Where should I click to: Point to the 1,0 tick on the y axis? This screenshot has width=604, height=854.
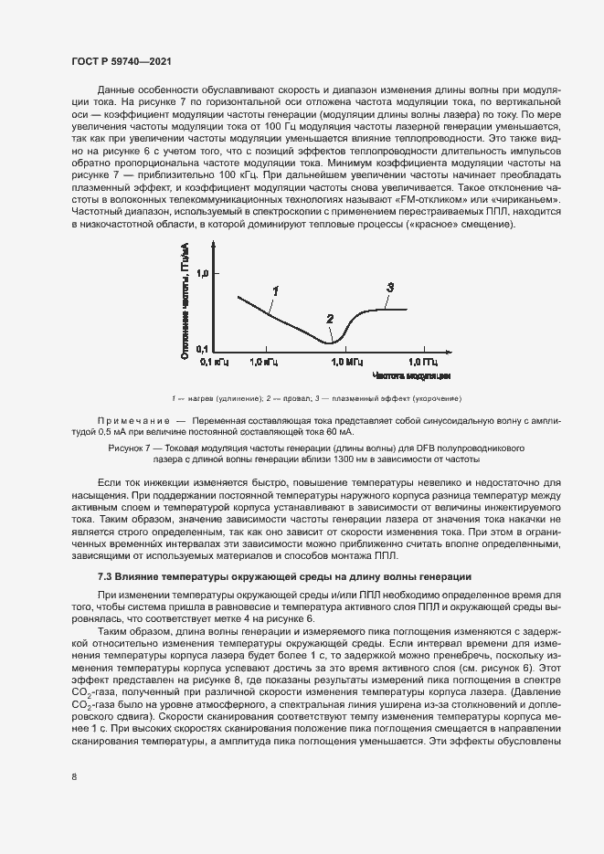point(201,272)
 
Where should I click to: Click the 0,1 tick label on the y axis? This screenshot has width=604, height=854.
point(201,350)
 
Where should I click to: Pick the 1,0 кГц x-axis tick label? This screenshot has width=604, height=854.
point(263,362)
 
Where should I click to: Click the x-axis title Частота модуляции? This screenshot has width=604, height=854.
point(410,375)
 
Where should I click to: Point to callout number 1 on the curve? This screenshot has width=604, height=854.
point(274,290)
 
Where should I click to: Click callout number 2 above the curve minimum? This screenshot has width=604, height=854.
point(330,319)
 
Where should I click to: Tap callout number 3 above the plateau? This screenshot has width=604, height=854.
point(389,287)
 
